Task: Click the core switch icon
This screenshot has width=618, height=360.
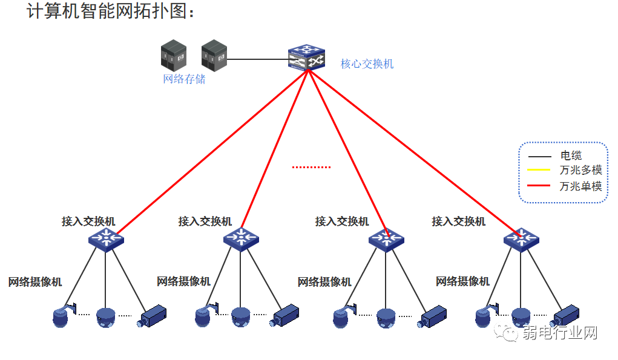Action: click(x=306, y=57)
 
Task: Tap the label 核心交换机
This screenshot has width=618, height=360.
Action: click(x=367, y=64)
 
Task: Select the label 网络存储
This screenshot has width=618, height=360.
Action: click(x=184, y=79)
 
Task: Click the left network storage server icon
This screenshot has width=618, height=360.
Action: click(x=173, y=55)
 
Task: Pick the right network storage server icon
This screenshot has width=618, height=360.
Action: click(x=213, y=55)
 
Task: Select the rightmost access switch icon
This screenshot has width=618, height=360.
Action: click(x=521, y=239)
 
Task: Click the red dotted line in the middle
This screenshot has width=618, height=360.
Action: click(x=312, y=166)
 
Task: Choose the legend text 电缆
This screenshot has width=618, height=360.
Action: click(x=571, y=156)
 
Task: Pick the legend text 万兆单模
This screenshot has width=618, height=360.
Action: click(x=580, y=185)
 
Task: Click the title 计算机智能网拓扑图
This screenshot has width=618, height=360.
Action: click(x=112, y=11)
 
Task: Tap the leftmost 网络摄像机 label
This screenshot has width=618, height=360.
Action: click(x=35, y=281)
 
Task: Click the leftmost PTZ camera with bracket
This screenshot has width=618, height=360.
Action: click(x=62, y=315)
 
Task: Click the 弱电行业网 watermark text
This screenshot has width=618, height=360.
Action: click(x=560, y=332)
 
